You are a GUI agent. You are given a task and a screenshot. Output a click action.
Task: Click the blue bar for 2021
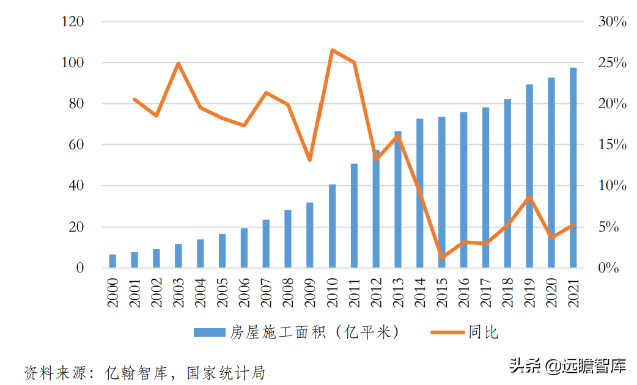(x=573, y=168)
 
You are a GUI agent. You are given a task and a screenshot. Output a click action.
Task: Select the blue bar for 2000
(x=112, y=261)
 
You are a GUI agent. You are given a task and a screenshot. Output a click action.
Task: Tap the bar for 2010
(x=332, y=226)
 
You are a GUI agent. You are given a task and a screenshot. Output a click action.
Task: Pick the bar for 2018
(x=507, y=183)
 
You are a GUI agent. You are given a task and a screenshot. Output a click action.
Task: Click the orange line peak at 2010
(x=332, y=50)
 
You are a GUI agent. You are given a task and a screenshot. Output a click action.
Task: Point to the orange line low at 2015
(x=442, y=257)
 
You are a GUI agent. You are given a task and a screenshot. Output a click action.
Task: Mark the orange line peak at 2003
(x=178, y=63)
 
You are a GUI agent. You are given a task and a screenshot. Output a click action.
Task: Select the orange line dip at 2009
(x=310, y=160)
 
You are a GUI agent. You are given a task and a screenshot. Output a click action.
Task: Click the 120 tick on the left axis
(x=73, y=22)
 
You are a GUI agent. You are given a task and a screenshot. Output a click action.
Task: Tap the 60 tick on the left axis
(x=76, y=145)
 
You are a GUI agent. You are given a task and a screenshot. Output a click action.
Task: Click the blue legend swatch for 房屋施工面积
(x=210, y=332)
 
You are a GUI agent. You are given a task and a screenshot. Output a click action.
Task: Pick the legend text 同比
(x=484, y=332)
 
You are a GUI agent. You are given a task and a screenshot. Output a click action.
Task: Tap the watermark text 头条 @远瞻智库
(x=568, y=366)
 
